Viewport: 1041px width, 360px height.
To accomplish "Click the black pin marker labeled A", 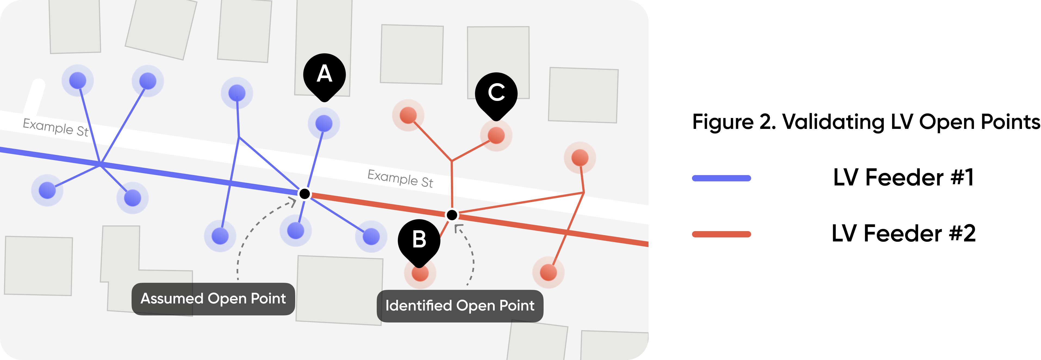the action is pos(325,76).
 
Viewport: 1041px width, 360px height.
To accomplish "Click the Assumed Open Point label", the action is pos(213,299).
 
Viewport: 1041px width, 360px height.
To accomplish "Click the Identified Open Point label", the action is pos(460,306).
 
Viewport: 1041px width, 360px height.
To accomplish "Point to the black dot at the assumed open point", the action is pos(305,194).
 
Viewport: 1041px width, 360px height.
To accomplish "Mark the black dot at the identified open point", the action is pos(452,215).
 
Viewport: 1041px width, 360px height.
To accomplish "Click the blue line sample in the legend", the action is pos(721,178).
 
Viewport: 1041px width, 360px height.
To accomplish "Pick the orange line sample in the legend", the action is pos(721,234).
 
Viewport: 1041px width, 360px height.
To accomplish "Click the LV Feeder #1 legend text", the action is pos(903,177).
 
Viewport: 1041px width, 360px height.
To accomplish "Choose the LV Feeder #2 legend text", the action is pos(903,234).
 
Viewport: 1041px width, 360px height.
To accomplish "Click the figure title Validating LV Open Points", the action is pos(866,122).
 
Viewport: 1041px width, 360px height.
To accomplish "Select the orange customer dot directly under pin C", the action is pos(496,135).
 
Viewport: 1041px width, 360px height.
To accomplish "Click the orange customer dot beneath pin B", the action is pos(420,273).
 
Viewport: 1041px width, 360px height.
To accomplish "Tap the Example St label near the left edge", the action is pos(56,127).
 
